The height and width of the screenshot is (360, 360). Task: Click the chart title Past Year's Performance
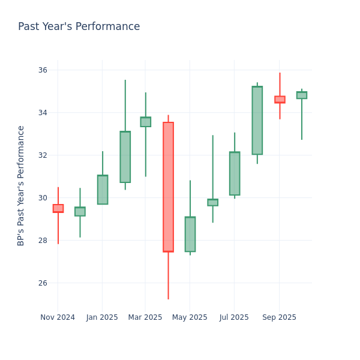pyautogui.click(x=79, y=27)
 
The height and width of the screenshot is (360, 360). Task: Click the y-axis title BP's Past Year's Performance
pyautogui.click(x=22, y=185)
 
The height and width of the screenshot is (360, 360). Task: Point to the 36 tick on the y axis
pyautogui.click(x=42, y=70)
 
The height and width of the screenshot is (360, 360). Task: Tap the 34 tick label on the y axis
pyautogui.click(x=42, y=113)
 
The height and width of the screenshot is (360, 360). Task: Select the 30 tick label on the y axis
pyautogui.click(x=42, y=198)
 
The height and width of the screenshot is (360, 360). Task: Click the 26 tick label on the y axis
pyautogui.click(x=42, y=283)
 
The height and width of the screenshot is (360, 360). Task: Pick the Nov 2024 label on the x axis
pyautogui.click(x=58, y=317)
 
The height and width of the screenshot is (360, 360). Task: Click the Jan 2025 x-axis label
pyautogui.click(x=102, y=317)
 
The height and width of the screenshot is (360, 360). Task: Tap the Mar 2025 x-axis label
pyautogui.click(x=145, y=317)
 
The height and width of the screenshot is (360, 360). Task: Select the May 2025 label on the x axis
pyautogui.click(x=190, y=317)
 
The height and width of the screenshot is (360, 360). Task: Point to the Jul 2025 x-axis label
pyautogui.click(x=234, y=317)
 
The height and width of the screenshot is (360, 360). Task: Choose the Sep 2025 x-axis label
pyautogui.click(x=279, y=317)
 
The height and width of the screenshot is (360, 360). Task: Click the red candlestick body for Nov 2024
pyautogui.click(x=58, y=208)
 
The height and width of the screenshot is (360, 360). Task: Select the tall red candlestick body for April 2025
pyautogui.click(x=168, y=187)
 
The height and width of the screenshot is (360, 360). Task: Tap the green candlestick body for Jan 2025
pyautogui.click(x=103, y=190)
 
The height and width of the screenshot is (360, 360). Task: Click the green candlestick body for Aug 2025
pyautogui.click(x=257, y=121)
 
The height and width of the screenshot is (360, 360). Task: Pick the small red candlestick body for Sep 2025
pyautogui.click(x=280, y=100)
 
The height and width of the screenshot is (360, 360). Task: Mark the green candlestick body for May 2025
pyautogui.click(x=190, y=234)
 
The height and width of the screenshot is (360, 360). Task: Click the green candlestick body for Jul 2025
pyautogui.click(x=235, y=173)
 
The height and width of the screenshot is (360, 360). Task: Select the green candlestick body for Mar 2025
pyautogui.click(x=146, y=122)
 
